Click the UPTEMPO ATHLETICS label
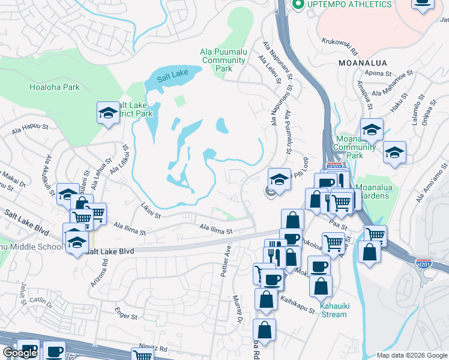349,5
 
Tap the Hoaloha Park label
55,87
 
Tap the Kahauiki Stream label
333,310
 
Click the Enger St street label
127,312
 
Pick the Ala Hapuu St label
29,127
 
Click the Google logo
20,353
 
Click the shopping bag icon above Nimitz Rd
264,329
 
